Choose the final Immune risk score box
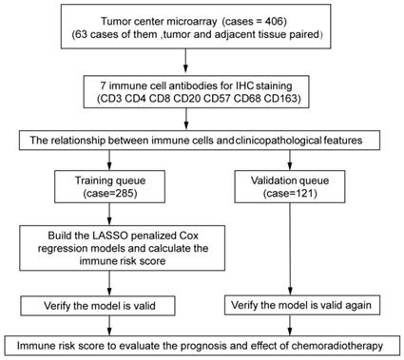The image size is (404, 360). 202,342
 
